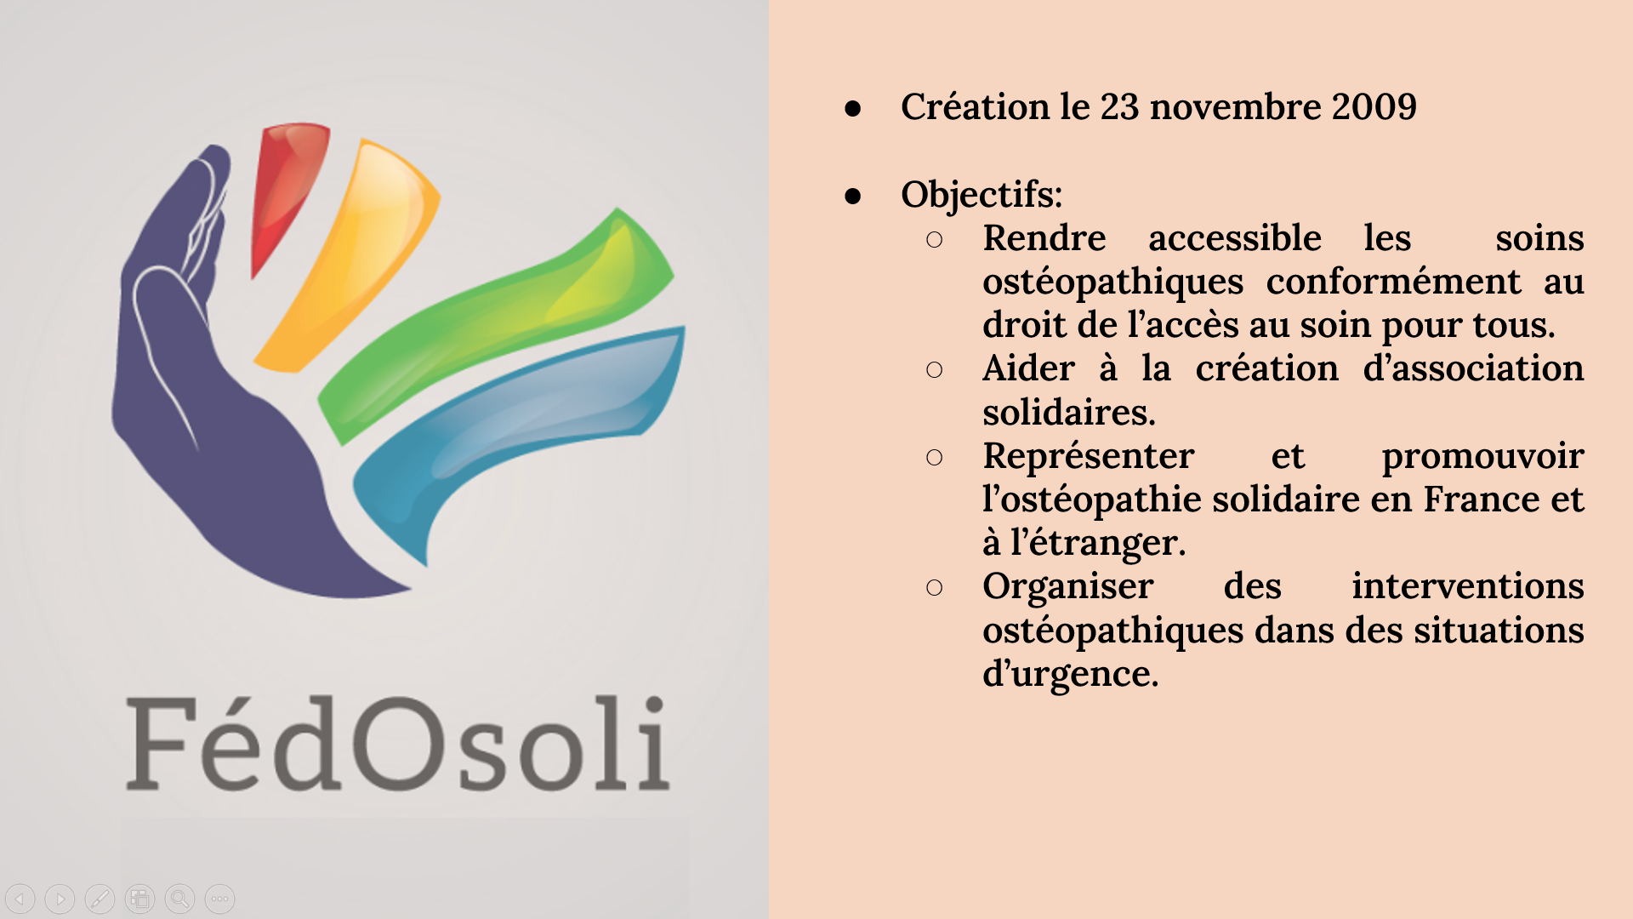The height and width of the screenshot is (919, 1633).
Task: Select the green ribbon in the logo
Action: (x=502, y=323)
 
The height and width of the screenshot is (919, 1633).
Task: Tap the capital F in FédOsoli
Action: (x=157, y=744)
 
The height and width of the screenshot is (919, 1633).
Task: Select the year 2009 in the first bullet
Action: (x=1374, y=107)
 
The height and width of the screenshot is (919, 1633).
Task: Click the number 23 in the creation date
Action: (x=1118, y=107)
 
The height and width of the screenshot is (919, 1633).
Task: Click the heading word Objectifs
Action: (x=982, y=195)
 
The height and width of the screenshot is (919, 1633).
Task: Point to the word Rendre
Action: (x=1044, y=238)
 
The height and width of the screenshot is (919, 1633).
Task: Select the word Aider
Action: (x=1028, y=368)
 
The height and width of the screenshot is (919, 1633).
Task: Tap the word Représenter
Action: (x=1089, y=457)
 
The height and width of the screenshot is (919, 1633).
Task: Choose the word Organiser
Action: (x=1068, y=587)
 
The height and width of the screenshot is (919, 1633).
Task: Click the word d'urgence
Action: (x=1070, y=675)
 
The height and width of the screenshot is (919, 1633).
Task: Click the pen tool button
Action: (x=100, y=899)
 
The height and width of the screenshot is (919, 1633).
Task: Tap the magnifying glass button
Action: (x=179, y=899)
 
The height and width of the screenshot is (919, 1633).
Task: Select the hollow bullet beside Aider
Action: (x=934, y=370)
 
